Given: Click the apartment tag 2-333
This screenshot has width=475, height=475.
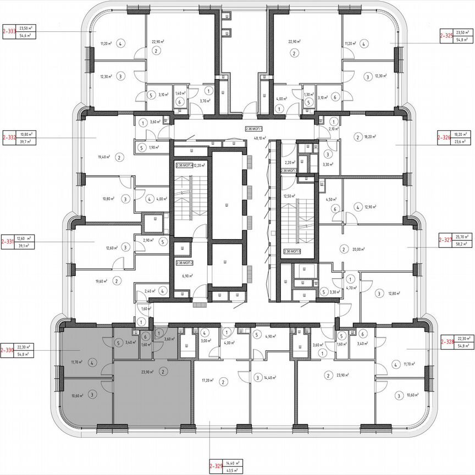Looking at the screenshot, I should pos(9,31).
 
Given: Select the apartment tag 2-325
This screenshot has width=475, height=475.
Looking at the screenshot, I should pos(446,37).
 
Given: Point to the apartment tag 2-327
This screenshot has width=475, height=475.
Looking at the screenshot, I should pos(445,240).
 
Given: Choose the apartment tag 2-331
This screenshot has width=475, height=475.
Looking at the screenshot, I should pos(8,241).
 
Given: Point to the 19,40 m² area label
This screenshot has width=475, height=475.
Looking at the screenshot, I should pos(104,157).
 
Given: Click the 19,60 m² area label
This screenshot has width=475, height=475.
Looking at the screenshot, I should pos(101,280).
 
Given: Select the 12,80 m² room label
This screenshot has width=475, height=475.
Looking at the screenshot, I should pos(391,294).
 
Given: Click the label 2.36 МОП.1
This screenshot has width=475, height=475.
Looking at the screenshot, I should pos(255,128).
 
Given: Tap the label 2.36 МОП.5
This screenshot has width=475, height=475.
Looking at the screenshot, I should pos(293,251).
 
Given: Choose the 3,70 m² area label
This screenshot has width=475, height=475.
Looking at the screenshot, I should pos(205,101).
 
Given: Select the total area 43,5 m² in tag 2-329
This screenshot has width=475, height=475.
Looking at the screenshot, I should pos(239,471).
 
